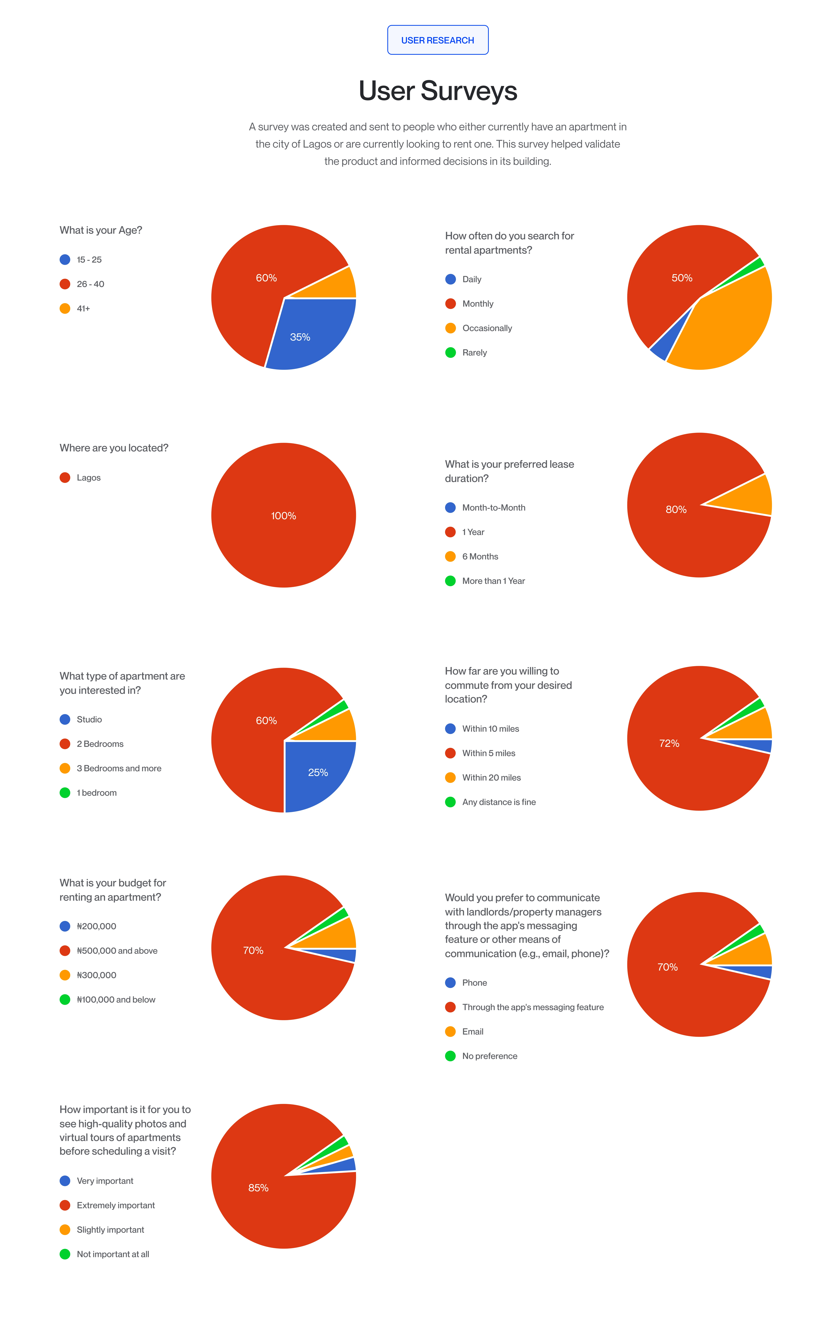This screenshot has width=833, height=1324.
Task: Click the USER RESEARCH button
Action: pos(438,40)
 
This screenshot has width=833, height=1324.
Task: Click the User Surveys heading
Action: pos(438,91)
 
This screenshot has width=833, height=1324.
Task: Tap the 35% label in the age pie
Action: pos(300,337)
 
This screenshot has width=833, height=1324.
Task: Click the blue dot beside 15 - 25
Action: pos(65,260)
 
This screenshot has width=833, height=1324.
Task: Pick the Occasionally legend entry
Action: pos(478,328)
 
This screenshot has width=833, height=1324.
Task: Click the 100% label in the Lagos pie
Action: pos(284,516)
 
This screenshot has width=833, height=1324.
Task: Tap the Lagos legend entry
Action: pos(80,477)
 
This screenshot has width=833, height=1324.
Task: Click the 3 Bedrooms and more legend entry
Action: pos(111,768)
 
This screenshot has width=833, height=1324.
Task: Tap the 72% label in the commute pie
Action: pos(669,743)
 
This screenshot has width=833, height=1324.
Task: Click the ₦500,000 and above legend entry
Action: pos(108,951)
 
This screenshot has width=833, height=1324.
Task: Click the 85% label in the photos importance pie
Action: pos(258,1188)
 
